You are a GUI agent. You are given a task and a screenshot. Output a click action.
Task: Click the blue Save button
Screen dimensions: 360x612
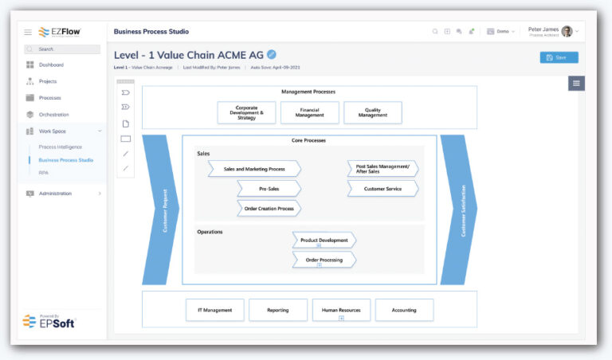(559, 57)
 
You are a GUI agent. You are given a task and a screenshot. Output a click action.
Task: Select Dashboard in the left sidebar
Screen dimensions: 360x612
(51, 65)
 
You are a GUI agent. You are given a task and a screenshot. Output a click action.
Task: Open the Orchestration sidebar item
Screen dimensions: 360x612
(53, 114)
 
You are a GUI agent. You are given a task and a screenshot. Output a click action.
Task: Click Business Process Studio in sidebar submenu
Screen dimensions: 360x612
(65, 160)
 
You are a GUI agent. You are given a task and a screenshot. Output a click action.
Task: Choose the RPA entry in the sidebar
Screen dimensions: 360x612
(44, 171)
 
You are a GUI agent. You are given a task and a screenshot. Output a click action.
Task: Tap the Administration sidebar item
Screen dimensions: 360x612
(55, 194)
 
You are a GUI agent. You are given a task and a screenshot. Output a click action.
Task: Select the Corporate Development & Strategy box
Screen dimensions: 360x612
(246, 112)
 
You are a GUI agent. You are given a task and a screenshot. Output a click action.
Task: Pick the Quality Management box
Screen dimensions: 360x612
(373, 112)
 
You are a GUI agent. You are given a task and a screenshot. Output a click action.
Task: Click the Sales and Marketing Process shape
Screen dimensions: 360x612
(254, 169)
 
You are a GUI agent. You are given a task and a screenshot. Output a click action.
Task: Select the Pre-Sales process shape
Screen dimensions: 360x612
(269, 189)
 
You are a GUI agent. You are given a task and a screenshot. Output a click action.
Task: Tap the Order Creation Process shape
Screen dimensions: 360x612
(269, 209)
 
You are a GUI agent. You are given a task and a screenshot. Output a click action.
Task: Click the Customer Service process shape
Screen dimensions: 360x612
(382, 189)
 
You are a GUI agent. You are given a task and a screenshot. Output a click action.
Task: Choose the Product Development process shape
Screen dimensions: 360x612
(324, 240)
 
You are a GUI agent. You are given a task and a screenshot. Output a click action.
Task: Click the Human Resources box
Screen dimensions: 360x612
(341, 310)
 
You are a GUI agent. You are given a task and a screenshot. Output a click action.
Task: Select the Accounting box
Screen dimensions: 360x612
(404, 310)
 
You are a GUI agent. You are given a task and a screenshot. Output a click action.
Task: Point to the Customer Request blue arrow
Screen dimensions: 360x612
(160, 210)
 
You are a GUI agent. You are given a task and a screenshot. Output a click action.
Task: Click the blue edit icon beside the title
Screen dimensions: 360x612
(272, 54)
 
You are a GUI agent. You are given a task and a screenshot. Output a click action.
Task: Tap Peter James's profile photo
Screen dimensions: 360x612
(567, 31)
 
